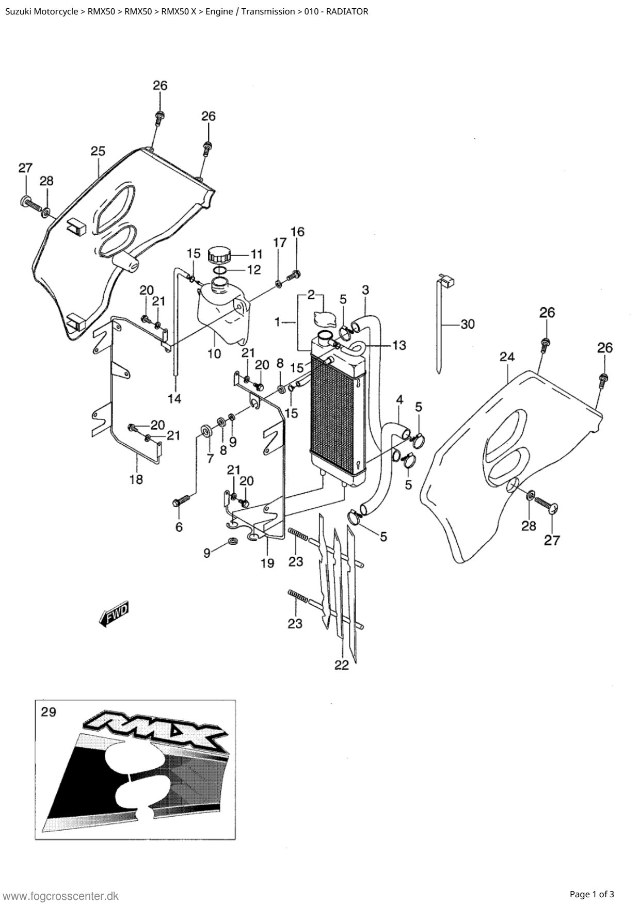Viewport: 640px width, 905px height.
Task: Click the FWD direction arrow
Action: coord(114,614)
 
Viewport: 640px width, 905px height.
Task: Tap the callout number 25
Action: coord(98,151)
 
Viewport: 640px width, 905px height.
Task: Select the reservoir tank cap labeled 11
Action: coord(220,255)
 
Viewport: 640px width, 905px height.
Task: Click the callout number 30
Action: coord(468,325)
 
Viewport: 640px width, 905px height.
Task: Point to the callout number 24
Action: coord(507,357)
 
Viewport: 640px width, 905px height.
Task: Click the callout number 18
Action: coord(136,480)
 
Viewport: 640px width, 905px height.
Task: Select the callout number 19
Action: coord(267,563)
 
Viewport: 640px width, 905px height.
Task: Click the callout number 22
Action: coord(342,666)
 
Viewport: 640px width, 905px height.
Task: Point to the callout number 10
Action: coord(214,354)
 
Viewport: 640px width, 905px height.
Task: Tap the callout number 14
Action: coord(174,399)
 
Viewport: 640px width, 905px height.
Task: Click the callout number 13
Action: coord(399,345)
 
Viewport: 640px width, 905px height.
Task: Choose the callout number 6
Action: coord(179,527)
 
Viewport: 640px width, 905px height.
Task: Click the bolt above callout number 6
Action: coord(182,499)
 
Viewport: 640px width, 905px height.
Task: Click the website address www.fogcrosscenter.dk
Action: coord(61,896)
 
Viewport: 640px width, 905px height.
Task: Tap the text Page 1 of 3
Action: coord(592,894)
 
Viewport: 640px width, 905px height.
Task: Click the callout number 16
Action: coord(297,232)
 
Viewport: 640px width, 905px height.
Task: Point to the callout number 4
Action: coord(399,399)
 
